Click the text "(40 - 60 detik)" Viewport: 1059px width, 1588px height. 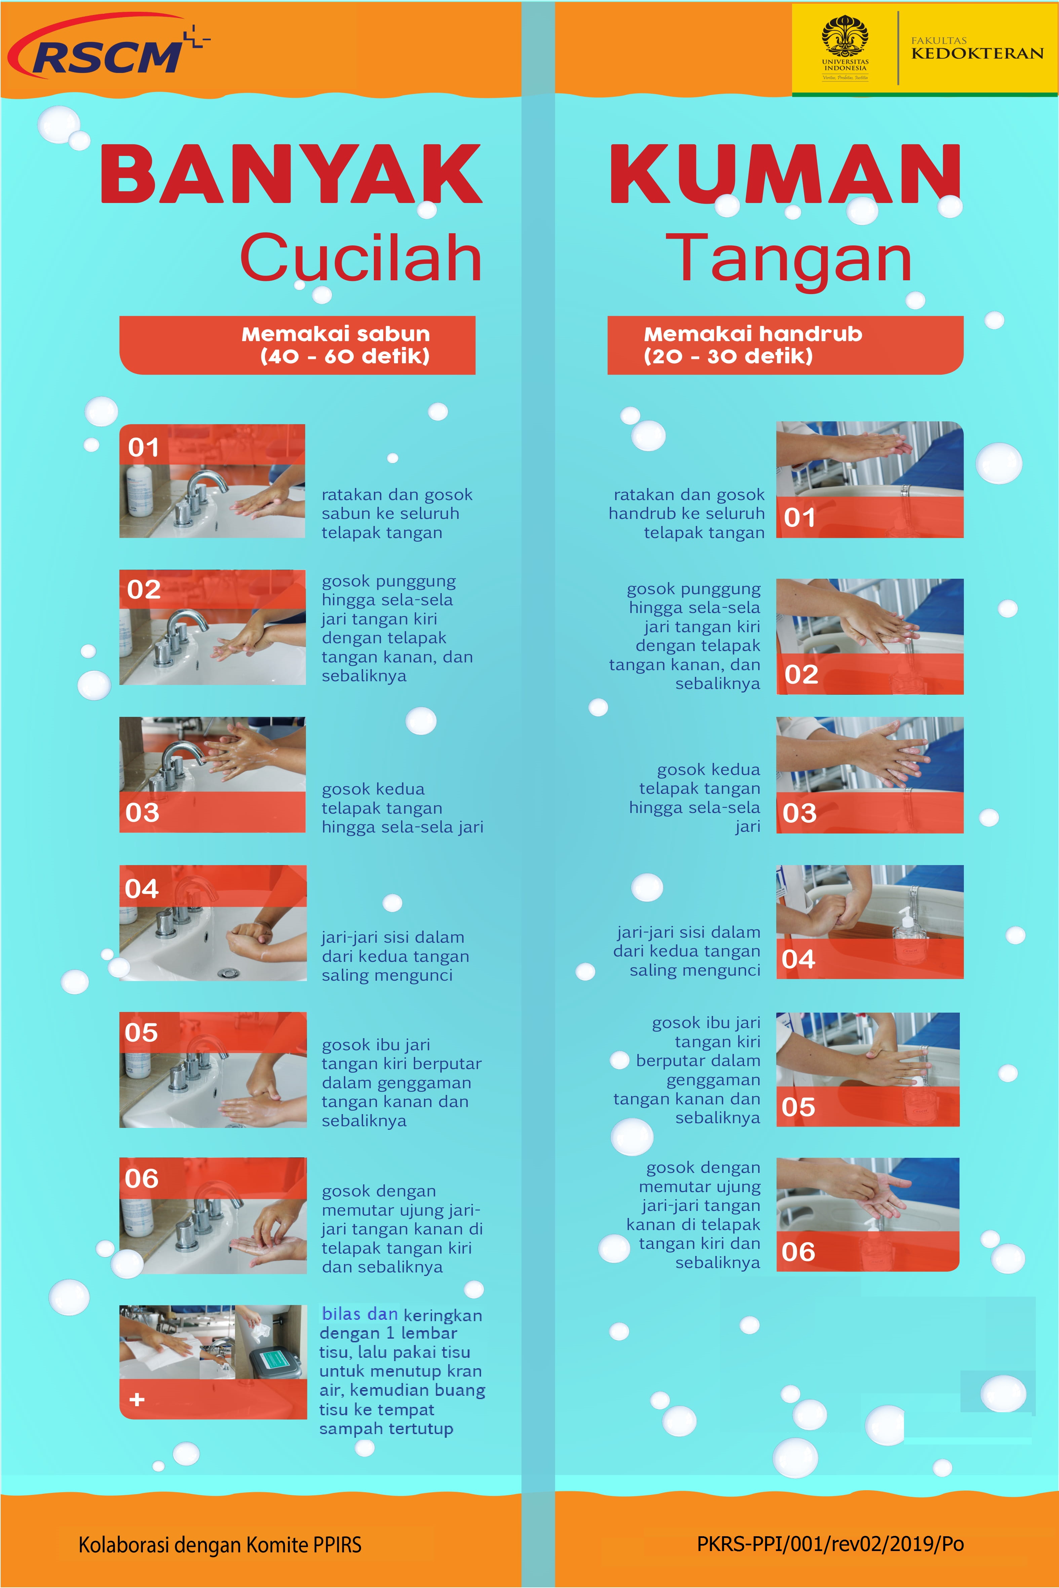click(x=345, y=356)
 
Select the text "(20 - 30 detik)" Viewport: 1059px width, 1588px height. click(x=728, y=356)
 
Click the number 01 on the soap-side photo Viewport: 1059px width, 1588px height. click(x=144, y=447)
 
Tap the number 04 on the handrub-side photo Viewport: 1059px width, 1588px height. click(x=798, y=959)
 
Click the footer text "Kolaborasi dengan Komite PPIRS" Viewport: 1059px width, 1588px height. click(x=220, y=1545)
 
